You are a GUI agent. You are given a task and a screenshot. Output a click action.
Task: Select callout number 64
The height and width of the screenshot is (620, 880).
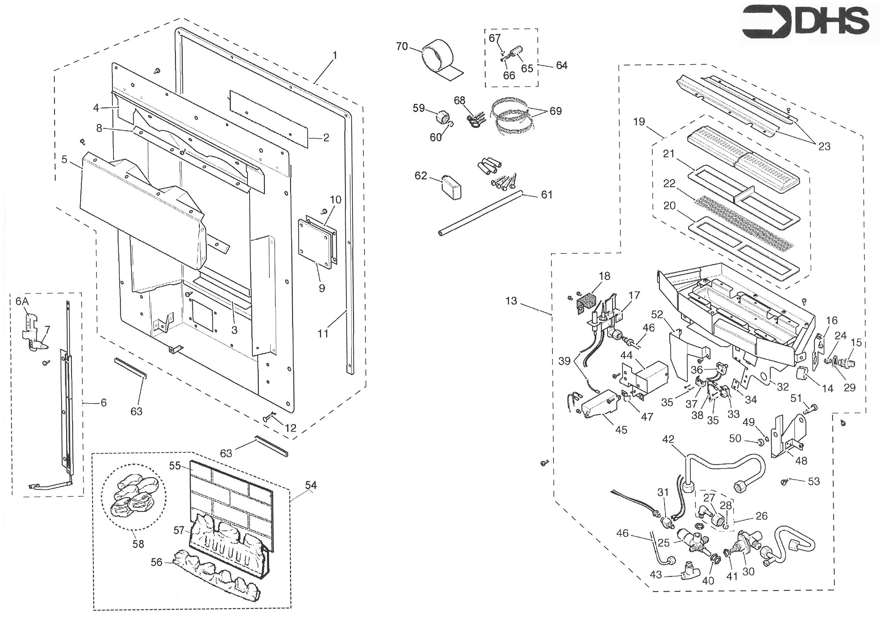[x=561, y=65]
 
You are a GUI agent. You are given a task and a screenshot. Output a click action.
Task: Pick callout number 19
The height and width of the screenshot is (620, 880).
[x=639, y=122]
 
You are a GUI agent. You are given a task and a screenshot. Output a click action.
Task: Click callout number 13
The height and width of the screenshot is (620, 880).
[x=511, y=301]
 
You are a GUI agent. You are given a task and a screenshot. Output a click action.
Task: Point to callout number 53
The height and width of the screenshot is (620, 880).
[x=814, y=481]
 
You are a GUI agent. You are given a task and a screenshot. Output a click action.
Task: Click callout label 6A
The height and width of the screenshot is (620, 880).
[x=22, y=301]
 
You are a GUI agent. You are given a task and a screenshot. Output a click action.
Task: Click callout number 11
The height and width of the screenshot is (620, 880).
[x=323, y=334]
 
